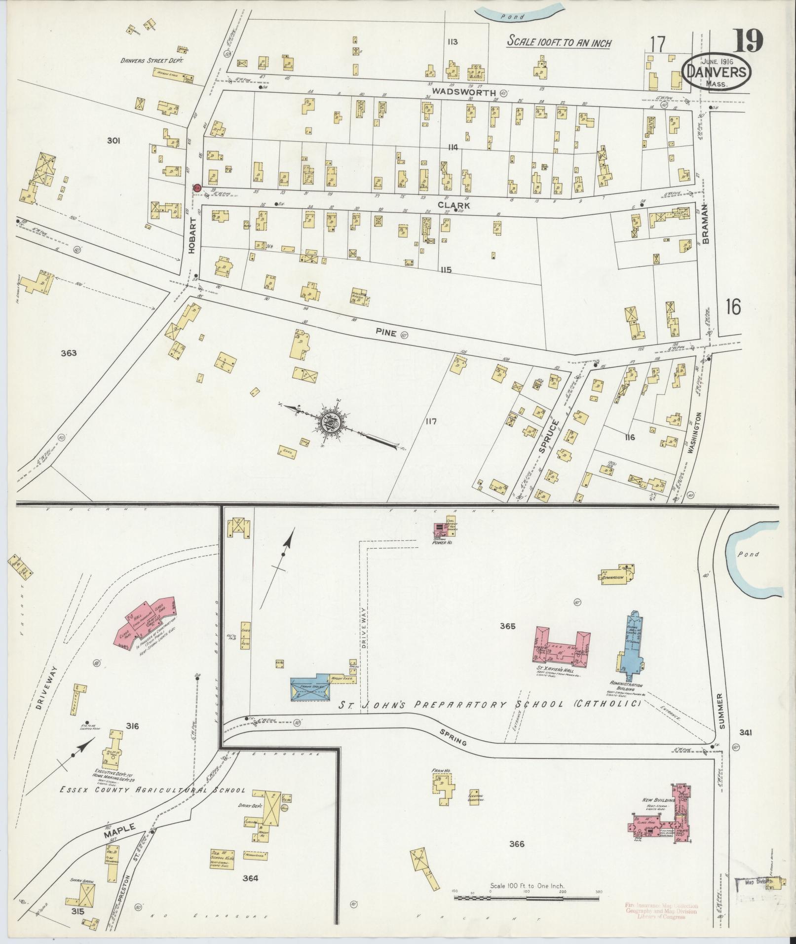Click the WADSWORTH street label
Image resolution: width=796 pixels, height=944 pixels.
click(x=463, y=92)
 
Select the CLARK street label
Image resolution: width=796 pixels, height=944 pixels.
click(x=459, y=205)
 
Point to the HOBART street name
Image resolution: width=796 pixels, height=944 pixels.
click(x=192, y=237)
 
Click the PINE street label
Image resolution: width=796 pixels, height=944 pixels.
click(x=386, y=333)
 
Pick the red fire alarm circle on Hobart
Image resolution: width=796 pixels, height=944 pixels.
click(x=196, y=188)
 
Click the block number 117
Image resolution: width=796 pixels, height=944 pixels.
click(x=432, y=421)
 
